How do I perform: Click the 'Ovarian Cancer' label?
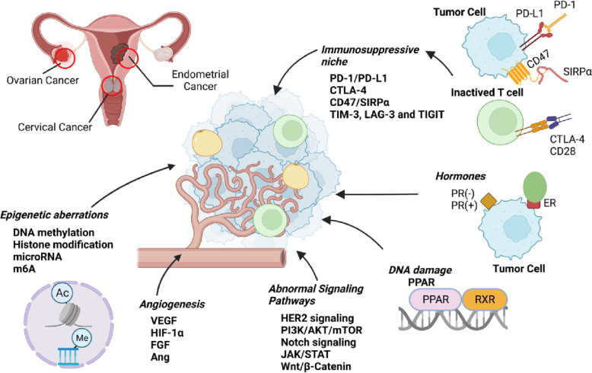point(43,80)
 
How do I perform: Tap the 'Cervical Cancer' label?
point(55,127)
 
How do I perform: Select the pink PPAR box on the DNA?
point(436,299)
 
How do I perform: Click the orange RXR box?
point(485,299)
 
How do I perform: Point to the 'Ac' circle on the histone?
point(62,293)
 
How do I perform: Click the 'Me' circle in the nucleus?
point(81,338)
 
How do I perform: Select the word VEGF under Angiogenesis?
point(164,320)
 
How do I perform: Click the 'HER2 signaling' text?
point(317,318)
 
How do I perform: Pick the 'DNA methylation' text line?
point(53,233)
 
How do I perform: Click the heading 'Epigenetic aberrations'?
point(54,215)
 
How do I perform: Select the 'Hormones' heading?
point(460,176)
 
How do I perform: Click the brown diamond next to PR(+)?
point(489,201)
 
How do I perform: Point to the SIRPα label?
point(577,72)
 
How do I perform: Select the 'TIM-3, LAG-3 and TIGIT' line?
point(387,114)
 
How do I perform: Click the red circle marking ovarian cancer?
point(65,58)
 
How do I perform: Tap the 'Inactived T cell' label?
point(487,93)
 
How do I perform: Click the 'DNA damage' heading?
point(420,270)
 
